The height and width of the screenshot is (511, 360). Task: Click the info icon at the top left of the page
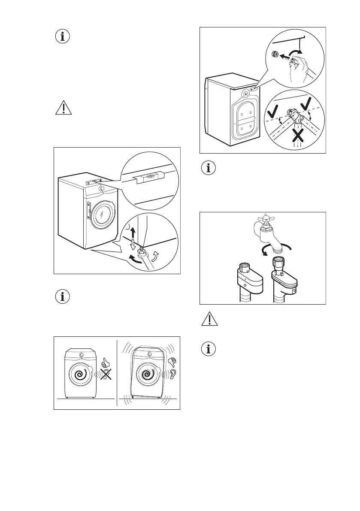click(x=63, y=36)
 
